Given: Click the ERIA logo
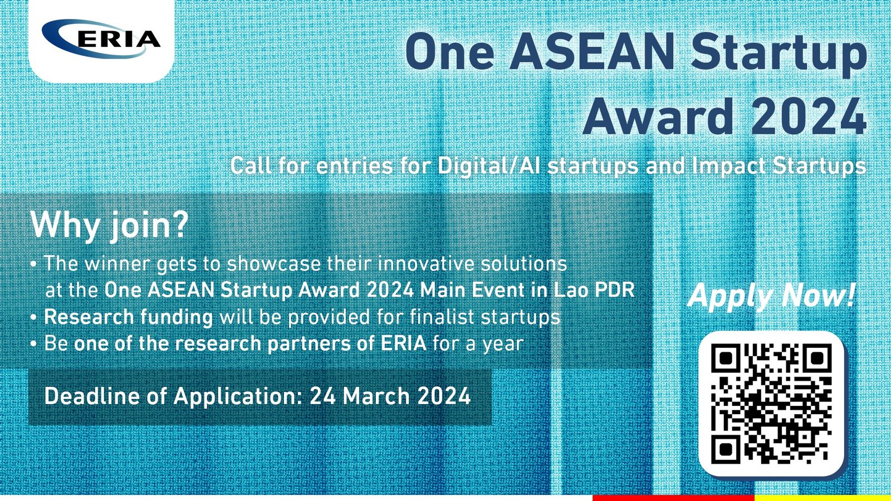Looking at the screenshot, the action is tap(101, 38).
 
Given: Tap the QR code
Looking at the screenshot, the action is tap(771, 404).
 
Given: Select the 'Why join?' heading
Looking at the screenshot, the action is tap(109, 225).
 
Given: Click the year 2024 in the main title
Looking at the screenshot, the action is tap(809, 116).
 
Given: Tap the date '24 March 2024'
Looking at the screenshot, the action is tap(390, 396).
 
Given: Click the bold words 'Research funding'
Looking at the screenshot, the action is tap(129, 317).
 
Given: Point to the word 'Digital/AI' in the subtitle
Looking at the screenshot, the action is tap(489, 165).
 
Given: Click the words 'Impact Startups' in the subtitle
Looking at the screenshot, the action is tap(779, 166).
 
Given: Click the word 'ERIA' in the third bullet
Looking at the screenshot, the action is tap(403, 343).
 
